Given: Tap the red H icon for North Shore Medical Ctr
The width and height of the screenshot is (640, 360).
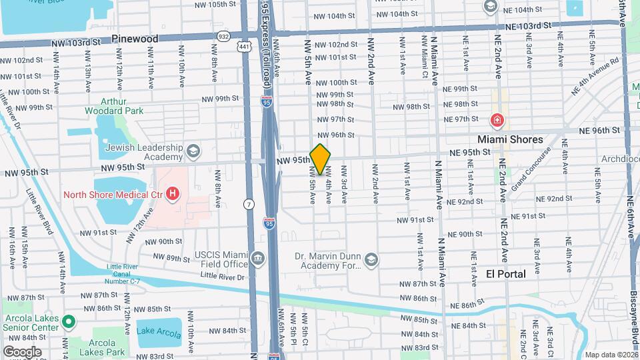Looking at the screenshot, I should (x=173, y=194).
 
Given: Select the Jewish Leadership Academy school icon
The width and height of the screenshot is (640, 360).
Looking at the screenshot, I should (x=193, y=149).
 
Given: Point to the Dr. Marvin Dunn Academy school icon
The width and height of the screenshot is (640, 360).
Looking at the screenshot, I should (x=371, y=259).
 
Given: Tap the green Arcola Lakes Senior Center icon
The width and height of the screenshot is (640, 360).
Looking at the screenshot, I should (x=68, y=323).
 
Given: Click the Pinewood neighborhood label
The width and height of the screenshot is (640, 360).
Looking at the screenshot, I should (x=135, y=39).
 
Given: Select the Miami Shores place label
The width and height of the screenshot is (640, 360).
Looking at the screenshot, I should (x=509, y=139).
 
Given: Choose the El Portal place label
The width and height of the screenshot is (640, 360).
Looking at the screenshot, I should (x=505, y=274).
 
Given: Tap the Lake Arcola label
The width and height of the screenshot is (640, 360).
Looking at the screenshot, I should (x=158, y=331).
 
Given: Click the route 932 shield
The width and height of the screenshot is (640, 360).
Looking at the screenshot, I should (x=242, y=35).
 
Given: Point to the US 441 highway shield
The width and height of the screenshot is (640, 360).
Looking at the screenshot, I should (x=246, y=47).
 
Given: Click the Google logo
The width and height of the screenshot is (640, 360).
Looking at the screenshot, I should (x=22, y=351).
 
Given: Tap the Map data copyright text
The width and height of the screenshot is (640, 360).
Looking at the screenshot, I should (x=610, y=355).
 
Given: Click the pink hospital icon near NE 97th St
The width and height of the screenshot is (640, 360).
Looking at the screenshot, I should (x=497, y=121).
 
